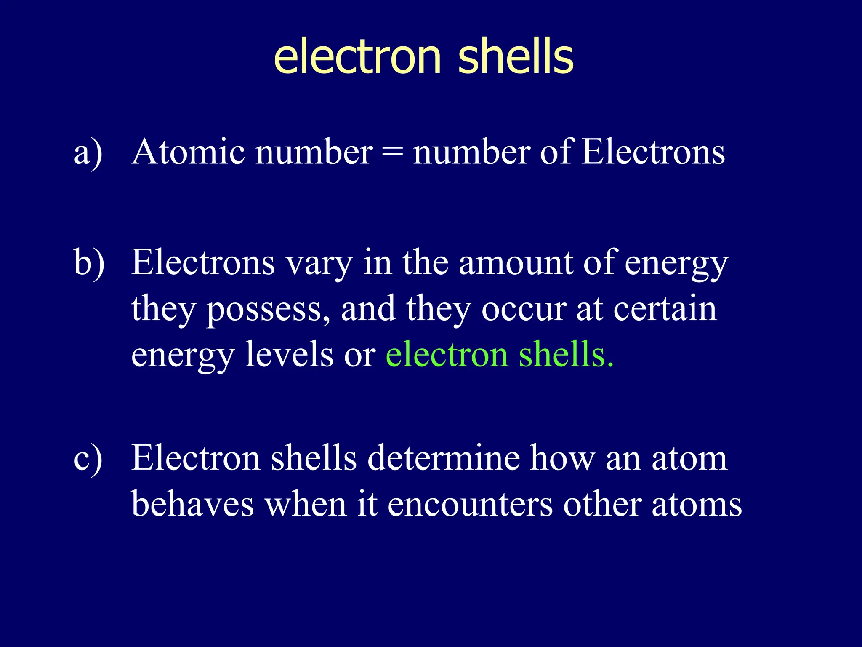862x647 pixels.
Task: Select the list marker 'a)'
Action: point(88,153)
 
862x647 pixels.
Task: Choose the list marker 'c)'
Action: point(88,459)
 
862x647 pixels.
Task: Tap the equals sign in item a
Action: point(392,152)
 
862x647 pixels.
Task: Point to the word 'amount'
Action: point(516,263)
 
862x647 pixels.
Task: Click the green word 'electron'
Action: point(447,355)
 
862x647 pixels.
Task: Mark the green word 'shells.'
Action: point(566,355)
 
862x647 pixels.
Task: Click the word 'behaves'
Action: point(192,504)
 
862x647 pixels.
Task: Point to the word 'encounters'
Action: point(470,504)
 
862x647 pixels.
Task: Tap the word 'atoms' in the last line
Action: point(697,504)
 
